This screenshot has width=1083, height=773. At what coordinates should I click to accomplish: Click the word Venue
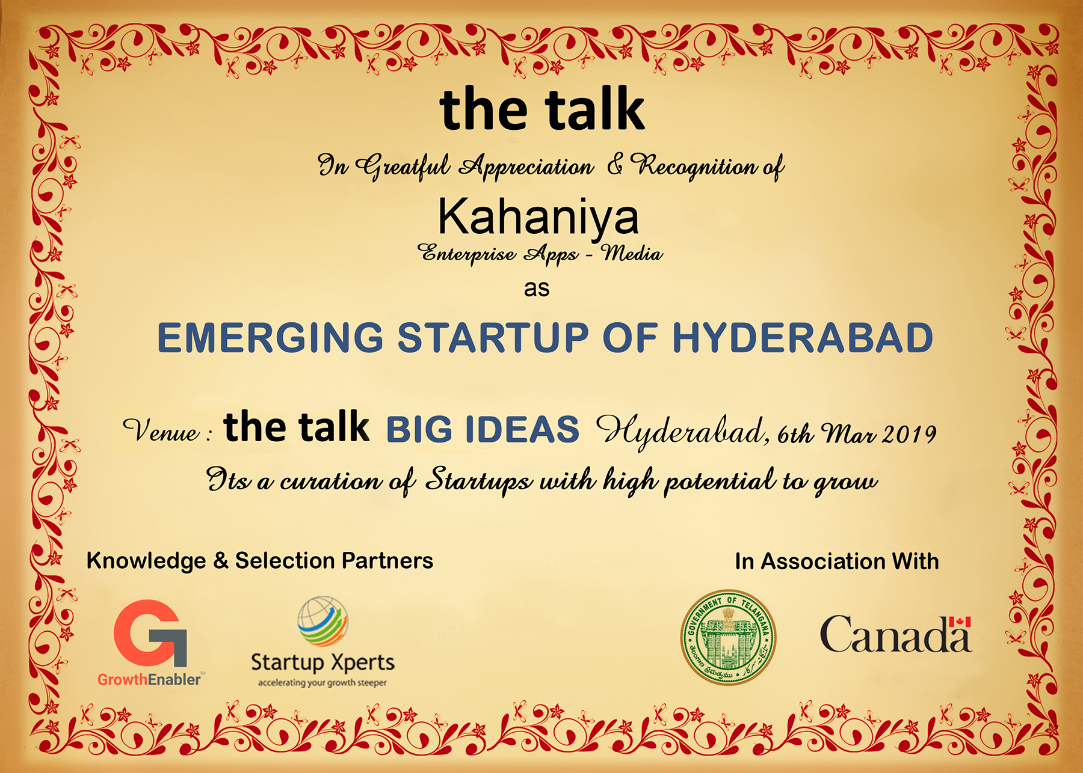coord(161,430)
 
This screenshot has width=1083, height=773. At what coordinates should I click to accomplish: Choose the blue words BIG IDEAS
coord(483,429)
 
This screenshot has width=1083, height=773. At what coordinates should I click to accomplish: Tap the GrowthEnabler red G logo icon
coord(150,632)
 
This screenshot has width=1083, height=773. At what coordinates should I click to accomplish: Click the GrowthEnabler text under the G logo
coord(149,679)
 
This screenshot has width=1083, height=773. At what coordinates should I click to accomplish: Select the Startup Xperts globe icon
coord(322,621)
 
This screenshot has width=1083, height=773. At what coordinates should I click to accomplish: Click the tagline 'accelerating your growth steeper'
coord(322,683)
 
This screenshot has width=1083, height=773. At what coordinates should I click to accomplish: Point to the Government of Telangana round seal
coord(729,637)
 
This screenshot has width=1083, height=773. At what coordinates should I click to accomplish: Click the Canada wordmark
coord(895,634)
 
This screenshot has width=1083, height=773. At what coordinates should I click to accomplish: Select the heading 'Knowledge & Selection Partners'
coord(260,561)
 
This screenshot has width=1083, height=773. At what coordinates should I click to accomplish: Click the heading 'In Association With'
coord(837,561)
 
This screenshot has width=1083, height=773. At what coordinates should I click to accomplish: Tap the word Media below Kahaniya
coord(632,253)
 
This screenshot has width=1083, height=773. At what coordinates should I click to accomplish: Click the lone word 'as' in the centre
coord(537,289)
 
